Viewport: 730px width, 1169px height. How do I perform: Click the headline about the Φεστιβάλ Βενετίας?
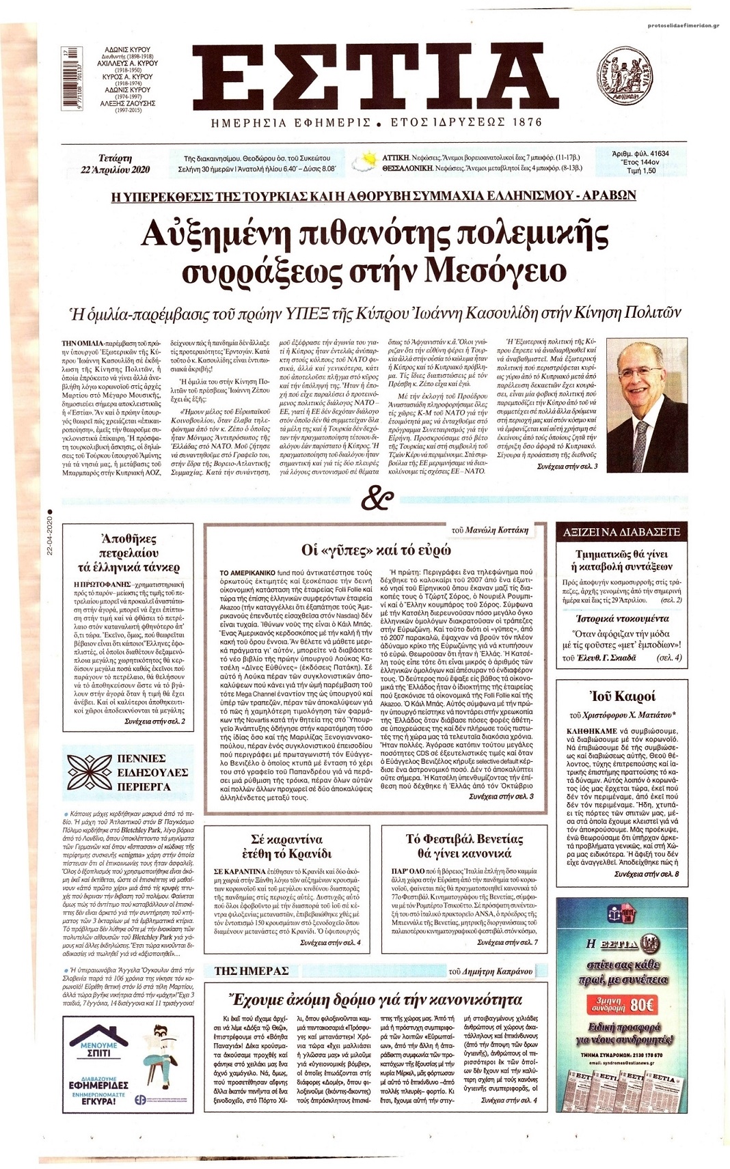point(464,846)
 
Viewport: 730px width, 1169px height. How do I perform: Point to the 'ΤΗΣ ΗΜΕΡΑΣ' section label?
point(252,971)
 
